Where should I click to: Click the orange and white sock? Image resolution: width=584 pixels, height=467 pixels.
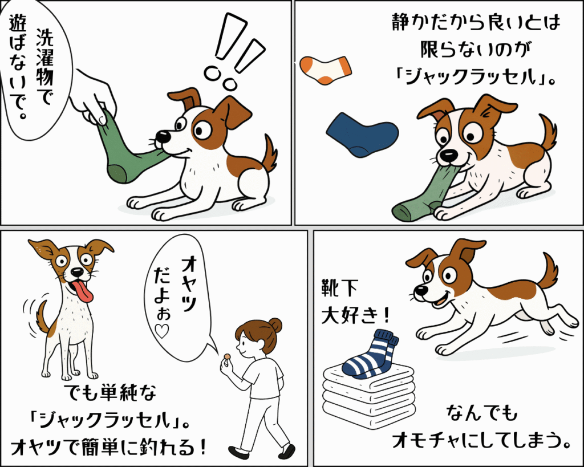325,70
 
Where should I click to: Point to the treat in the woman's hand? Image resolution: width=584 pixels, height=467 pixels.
227,358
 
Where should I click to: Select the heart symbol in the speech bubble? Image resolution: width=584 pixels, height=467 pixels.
163,331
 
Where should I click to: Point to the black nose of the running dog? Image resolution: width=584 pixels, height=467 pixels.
420,290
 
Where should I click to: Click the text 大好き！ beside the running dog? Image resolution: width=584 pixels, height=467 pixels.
356,315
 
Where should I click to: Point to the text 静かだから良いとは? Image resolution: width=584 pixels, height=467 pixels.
476,22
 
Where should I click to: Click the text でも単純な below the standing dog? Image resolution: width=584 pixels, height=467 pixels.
110,392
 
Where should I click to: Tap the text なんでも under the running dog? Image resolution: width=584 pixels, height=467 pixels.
482,413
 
